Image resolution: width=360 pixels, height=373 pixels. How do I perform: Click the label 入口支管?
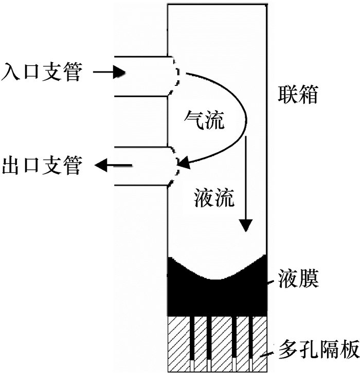tap(42, 72)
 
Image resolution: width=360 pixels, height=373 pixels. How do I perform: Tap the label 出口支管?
tap(42, 166)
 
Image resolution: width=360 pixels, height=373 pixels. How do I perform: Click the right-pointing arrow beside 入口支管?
tap(111, 72)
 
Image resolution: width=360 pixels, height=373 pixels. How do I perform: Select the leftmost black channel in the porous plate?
tap(191, 337)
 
